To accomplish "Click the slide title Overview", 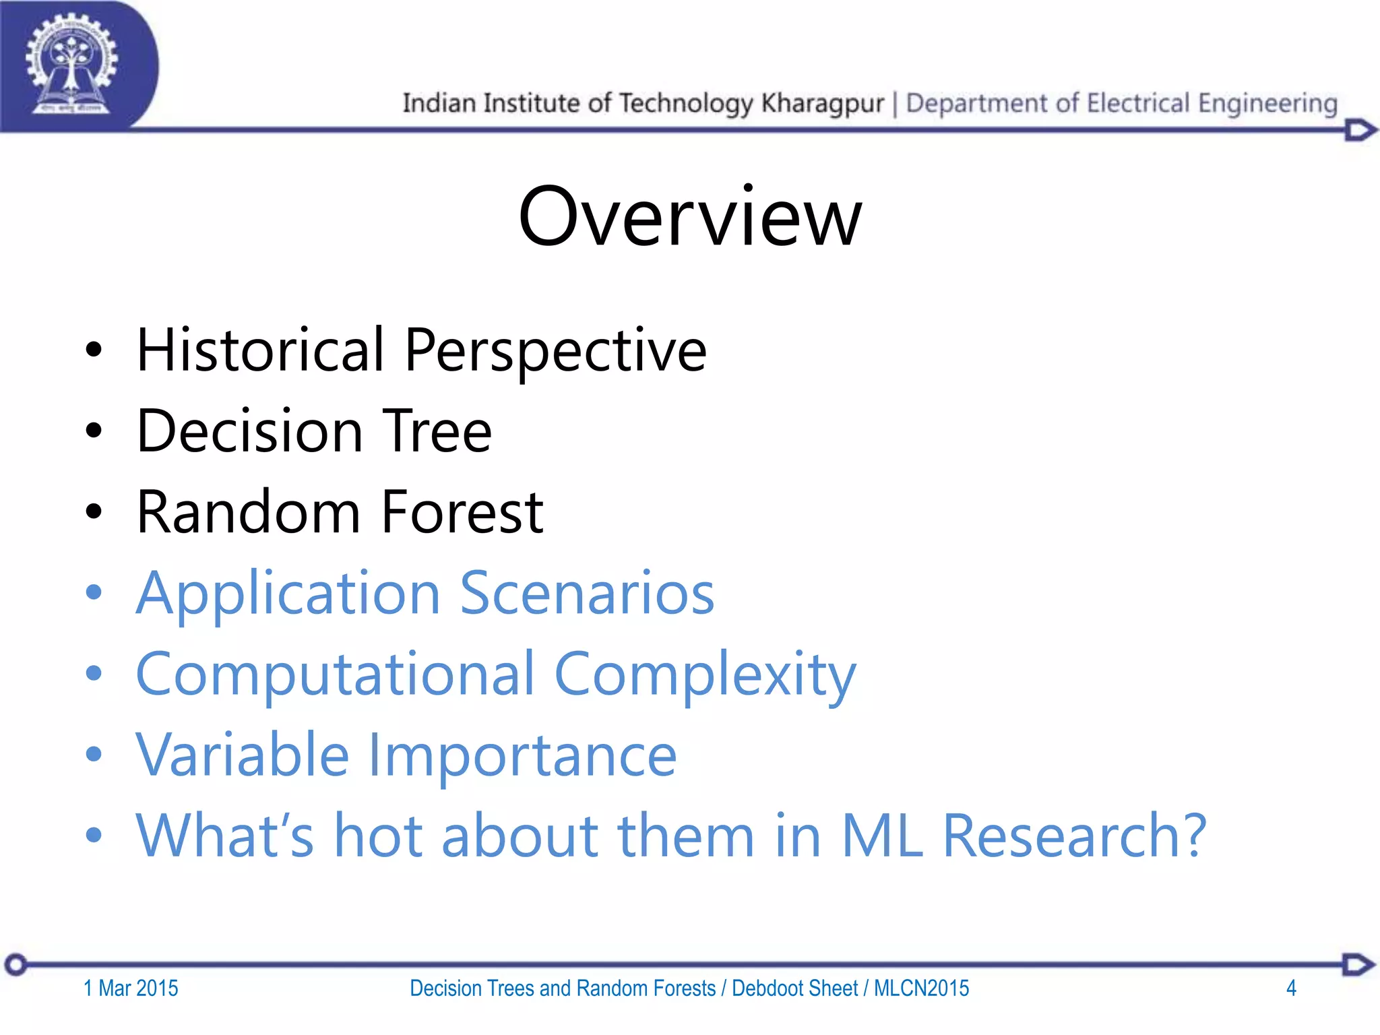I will coord(689,217).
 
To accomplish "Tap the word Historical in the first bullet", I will coord(260,350).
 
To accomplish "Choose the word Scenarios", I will coord(587,593).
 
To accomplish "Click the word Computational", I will coord(336,674).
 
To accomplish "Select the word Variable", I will coord(243,755).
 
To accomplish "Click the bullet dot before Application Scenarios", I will coord(94,593).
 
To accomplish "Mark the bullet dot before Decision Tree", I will coord(94,431).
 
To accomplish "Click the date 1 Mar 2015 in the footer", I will coord(131,989).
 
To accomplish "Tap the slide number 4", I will coord(1291,989).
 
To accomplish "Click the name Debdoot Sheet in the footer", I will coord(794,989).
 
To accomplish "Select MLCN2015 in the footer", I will coord(921,989).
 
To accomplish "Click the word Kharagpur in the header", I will coord(822,103).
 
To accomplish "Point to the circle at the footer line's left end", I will coord(16,965).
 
